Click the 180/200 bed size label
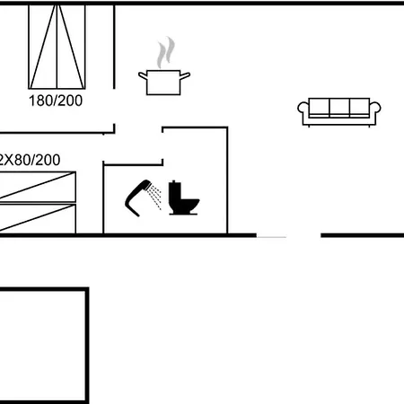tap(56, 101)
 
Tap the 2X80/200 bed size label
tap(30, 160)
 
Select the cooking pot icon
tap(164, 83)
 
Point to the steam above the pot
tap(166, 52)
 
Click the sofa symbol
tap(339, 112)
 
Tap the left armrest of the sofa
tap(303, 109)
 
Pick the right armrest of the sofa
tap(375, 109)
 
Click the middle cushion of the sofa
tap(339, 108)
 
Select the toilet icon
tap(183, 198)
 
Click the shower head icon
tap(138, 197)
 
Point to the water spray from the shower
tap(155, 197)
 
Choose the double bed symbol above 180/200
tap(57, 47)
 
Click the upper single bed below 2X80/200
tap(38, 187)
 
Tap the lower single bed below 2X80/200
tap(38, 218)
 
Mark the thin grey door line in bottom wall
tap(272, 237)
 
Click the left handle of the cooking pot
tap(143, 76)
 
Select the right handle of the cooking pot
tap(185, 76)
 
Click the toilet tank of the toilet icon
tap(173, 191)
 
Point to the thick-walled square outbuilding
tap(87, 344)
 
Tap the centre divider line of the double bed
tap(57, 47)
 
